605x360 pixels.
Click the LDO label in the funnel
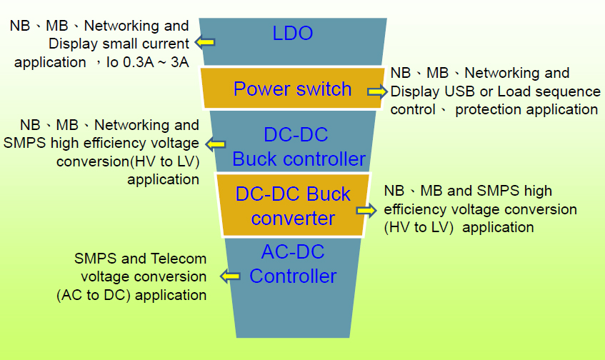293,33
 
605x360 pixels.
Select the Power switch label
292,89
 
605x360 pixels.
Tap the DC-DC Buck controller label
299,147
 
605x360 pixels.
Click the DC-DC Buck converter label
294,206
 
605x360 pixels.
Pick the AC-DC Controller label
293,264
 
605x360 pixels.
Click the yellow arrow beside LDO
206,42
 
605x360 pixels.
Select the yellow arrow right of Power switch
377,91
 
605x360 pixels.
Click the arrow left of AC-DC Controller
231,275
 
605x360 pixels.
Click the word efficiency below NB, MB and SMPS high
417,210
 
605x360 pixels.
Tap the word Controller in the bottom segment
293,276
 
